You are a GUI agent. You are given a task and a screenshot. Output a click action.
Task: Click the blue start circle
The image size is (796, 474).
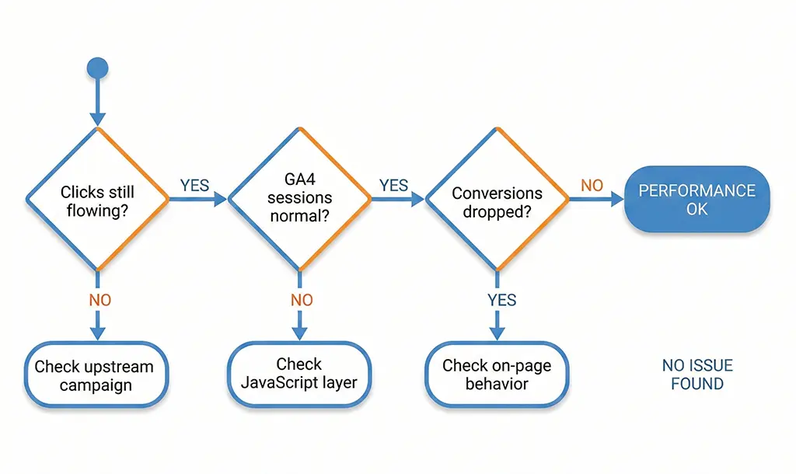point(97,68)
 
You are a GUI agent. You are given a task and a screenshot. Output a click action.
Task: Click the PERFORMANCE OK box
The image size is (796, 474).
point(697,199)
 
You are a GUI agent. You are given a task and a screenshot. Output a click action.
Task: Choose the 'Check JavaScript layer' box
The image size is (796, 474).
point(299,374)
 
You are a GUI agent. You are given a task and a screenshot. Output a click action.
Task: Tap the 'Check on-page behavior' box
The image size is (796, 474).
point(497,375)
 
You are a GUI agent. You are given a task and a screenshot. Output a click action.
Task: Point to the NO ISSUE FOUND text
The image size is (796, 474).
point(697,374)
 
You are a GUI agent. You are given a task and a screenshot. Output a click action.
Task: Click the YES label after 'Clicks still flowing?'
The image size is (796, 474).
point(195,185)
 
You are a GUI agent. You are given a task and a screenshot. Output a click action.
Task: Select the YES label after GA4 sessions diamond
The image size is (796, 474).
point(393,185)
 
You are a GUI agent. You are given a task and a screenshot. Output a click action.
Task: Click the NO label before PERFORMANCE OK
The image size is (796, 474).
point(592,185)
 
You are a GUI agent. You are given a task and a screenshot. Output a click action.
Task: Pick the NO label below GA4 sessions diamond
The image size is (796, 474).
point(302,300)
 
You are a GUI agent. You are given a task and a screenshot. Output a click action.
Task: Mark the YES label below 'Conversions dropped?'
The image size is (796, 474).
point(502,300)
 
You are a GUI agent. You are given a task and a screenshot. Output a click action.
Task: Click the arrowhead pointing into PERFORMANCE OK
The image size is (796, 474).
point(618,200)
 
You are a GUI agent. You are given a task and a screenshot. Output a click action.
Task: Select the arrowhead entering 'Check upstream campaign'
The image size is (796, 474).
point(97,333)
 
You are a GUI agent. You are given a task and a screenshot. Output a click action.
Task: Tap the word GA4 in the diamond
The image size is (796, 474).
point(299,181)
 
